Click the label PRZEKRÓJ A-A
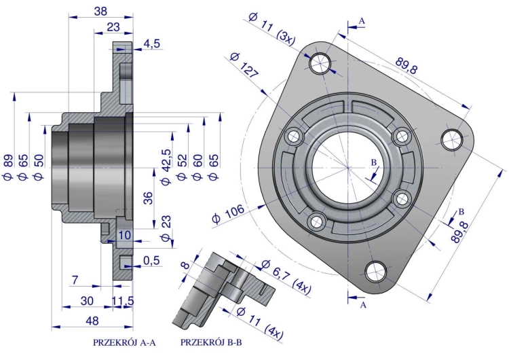[124, 343]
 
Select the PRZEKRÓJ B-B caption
[211, 342]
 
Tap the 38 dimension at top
[100, 12]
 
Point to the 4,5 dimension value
[152, 43]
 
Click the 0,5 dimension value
[151, 260]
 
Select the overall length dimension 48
[92, 321]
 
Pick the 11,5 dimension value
[123, 301]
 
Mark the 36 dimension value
[148, 198]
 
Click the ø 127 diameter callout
[244, 67]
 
